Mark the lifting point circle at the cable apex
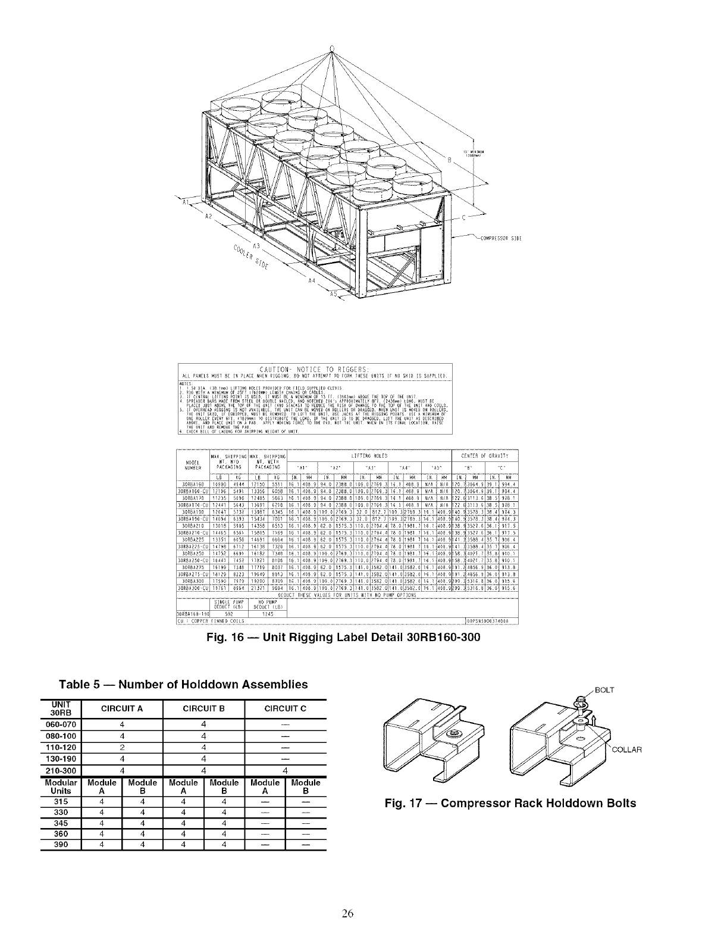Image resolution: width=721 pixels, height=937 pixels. [333, 48]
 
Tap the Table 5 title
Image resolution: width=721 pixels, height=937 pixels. [183, 684]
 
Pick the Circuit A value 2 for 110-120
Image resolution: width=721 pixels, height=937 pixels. [121, 747]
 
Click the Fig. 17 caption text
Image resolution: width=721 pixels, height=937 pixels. [510, 803]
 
